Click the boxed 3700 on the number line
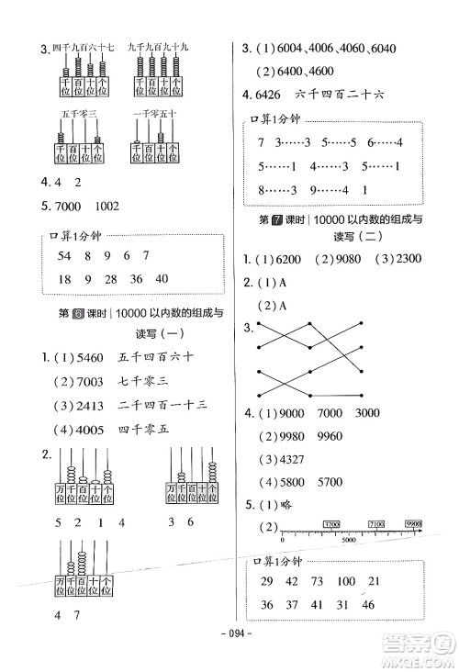(331, 523)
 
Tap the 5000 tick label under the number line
(349, 541)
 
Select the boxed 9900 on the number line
(410, 523)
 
